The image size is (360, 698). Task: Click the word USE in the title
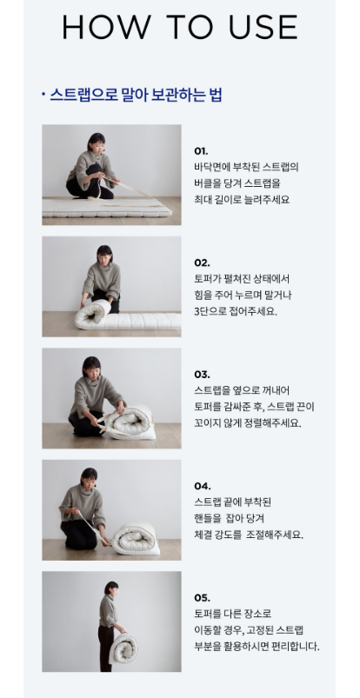coord(261,28)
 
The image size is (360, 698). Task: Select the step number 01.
coord(201,150)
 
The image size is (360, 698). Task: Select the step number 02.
coord(202,262)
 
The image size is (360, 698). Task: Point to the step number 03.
coord(202,374)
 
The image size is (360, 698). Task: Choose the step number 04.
coord(202,486)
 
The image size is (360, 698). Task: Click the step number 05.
coord(202,597)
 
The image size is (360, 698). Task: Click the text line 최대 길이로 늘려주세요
coord(241,200)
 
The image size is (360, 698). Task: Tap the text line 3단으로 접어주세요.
coord(235,311)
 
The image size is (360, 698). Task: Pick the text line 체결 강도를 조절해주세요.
coord(248,535)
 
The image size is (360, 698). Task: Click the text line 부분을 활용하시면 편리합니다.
coord(257,646)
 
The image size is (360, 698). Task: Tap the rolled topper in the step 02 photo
coord(93,314)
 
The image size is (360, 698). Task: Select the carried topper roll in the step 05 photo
coord(124,648)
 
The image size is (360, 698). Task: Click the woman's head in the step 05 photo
coord(110,588)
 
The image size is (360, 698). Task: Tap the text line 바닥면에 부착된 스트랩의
coord(246,167)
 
